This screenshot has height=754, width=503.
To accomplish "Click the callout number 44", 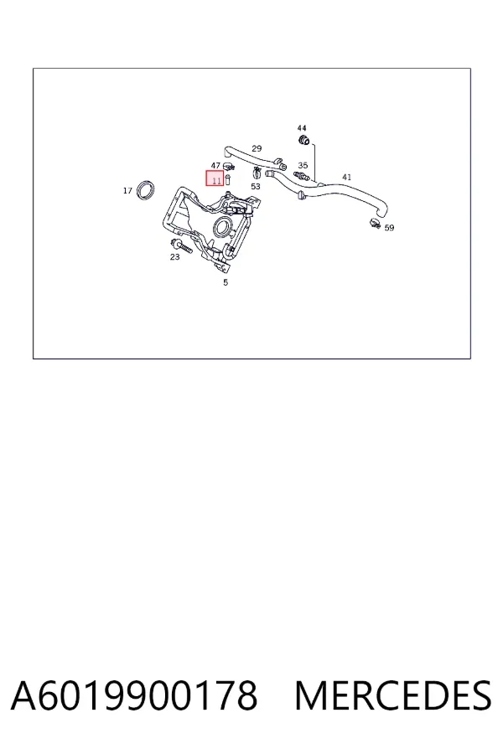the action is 302,128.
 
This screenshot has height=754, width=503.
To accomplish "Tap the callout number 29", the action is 257,148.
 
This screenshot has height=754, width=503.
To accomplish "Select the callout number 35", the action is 303,165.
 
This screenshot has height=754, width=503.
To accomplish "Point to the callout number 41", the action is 346,177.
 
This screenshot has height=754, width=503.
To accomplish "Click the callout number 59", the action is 389,228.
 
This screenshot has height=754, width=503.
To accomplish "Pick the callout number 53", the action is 256,187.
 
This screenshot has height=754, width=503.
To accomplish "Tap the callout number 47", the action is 215,165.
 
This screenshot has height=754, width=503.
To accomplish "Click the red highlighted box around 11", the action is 215,178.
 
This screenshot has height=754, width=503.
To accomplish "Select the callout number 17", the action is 127,191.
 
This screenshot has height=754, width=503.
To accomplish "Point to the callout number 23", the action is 174,257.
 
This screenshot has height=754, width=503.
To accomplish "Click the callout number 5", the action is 226,283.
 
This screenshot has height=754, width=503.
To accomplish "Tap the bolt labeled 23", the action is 181,245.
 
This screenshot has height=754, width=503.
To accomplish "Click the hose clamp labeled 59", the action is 375,223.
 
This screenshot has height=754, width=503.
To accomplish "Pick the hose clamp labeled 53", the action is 257,172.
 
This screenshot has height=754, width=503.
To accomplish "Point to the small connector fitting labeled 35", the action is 301,174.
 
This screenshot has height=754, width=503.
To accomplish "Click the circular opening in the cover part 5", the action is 223,226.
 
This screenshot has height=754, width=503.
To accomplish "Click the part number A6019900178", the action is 134,695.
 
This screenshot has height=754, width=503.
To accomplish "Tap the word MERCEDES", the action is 393,695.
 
